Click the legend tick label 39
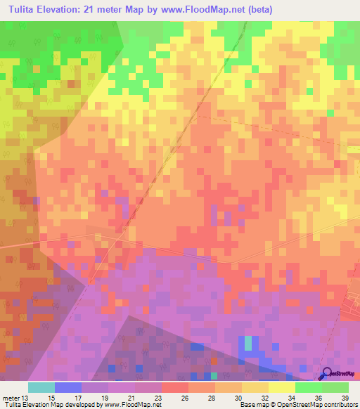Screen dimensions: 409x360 tap(345, 397)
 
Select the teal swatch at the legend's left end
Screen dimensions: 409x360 tap(41, 387)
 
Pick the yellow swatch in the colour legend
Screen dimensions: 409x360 tap(281, 387)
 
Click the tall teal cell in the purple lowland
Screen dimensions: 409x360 tap(247, 343)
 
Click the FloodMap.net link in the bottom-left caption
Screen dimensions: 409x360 tap(139, 405)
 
